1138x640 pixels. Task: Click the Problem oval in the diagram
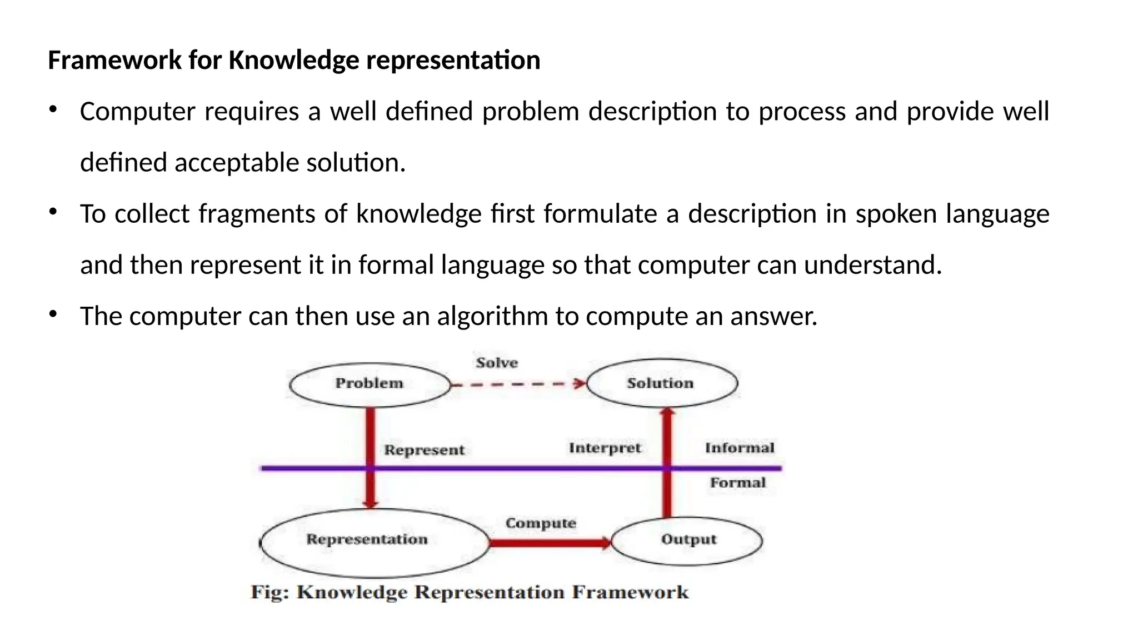(370, 384)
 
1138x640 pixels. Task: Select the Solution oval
(661, 383)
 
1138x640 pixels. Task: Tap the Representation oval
(373, 542)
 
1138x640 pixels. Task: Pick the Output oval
(687, 540)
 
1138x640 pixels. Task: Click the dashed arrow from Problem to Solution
(517, 384)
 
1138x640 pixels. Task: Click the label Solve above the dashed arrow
(497, 363)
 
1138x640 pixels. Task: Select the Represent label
(424, 450)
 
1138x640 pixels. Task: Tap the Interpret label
(605, 448)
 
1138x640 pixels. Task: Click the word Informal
(739, 448)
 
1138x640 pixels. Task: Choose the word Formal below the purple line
(737, 483)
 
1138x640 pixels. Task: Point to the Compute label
(540, 523)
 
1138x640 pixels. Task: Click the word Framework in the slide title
(115, 60)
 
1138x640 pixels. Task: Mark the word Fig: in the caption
(270, 592)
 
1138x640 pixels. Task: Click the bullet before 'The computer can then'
(53, 314)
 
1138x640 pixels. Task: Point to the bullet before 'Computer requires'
(53, 110)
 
